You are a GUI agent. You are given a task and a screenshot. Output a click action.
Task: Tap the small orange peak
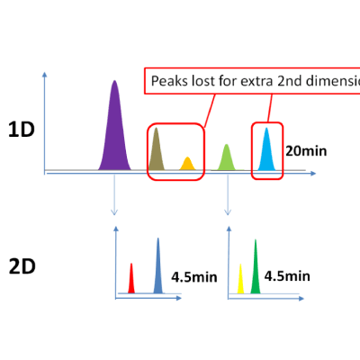pos(187,164)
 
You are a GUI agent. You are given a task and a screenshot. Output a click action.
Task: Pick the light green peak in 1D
pos(227,157)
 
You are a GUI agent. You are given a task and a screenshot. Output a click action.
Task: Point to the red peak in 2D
pos(131,280)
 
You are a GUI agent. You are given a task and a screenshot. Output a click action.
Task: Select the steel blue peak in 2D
pos(158,268)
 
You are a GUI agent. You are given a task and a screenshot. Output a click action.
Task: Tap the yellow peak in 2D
pos(241,280)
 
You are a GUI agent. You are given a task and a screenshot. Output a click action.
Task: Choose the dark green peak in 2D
pos(256,268)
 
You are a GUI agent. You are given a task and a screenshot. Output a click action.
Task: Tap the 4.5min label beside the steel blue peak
pos(192,275)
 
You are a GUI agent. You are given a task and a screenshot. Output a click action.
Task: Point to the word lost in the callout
pos(202,81)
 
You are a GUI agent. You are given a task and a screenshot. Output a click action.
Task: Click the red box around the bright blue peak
pos(253,150)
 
